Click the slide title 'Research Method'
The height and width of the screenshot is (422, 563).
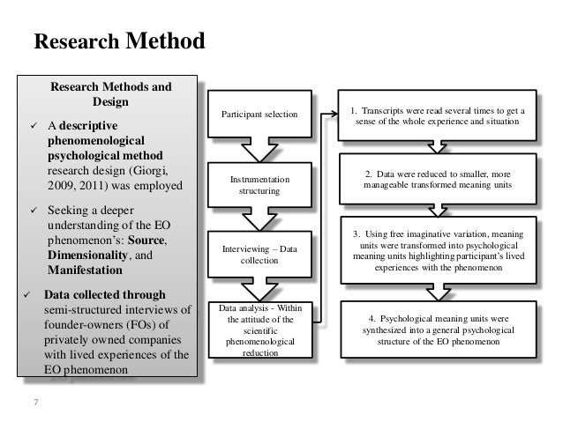(118, 41)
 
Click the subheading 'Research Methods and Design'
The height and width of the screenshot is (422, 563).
(111, 95)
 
